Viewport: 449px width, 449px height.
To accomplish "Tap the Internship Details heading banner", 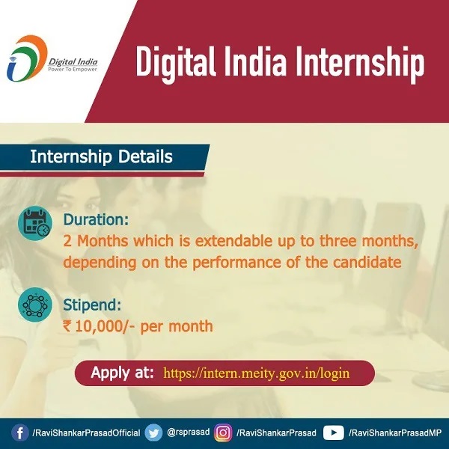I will coord(101,158).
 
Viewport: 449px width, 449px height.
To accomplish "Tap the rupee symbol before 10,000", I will coord(68,326).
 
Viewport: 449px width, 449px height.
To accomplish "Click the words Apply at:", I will coord(123,373).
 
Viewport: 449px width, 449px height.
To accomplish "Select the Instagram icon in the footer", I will coord(223,433).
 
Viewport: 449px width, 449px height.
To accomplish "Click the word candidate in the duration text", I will coord(367,263).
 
